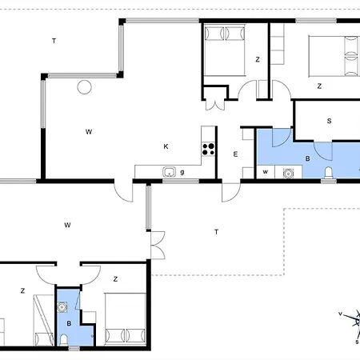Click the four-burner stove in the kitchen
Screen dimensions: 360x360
(208, 149)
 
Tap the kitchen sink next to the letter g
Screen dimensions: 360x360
(169, 172)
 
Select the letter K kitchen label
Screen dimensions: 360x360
(166, 146)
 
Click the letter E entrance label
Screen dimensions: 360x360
(235, 154)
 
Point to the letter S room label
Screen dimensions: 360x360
(330, 121)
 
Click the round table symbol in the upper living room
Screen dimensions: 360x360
(84, 87)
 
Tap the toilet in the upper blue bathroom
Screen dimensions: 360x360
(329, 172)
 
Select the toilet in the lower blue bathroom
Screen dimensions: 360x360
(63, 340)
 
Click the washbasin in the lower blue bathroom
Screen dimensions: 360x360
(62, 307)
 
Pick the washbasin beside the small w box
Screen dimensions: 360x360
(288, 174)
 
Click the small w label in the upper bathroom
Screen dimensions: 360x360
(265, 172)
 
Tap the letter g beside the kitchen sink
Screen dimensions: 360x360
(182, 172)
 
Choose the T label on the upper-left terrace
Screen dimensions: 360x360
(54, 41)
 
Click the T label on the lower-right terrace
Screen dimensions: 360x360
(216, 232)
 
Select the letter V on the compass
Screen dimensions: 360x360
(340, 314)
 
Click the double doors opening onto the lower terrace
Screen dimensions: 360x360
(158, 245)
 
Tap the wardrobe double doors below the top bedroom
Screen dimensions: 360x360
(215, 105)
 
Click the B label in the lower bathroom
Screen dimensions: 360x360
(69, 323)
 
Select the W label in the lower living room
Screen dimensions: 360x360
(67, 225)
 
